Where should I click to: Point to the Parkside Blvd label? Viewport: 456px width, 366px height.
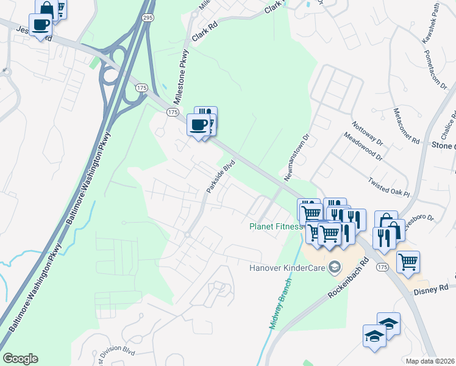221,177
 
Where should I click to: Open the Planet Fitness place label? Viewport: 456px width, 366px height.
276,226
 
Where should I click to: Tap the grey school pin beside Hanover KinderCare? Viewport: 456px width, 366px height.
334,267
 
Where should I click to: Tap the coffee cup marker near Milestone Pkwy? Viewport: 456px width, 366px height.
198,126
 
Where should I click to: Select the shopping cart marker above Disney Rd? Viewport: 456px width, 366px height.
408,262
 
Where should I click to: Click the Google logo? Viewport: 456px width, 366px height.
20,359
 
